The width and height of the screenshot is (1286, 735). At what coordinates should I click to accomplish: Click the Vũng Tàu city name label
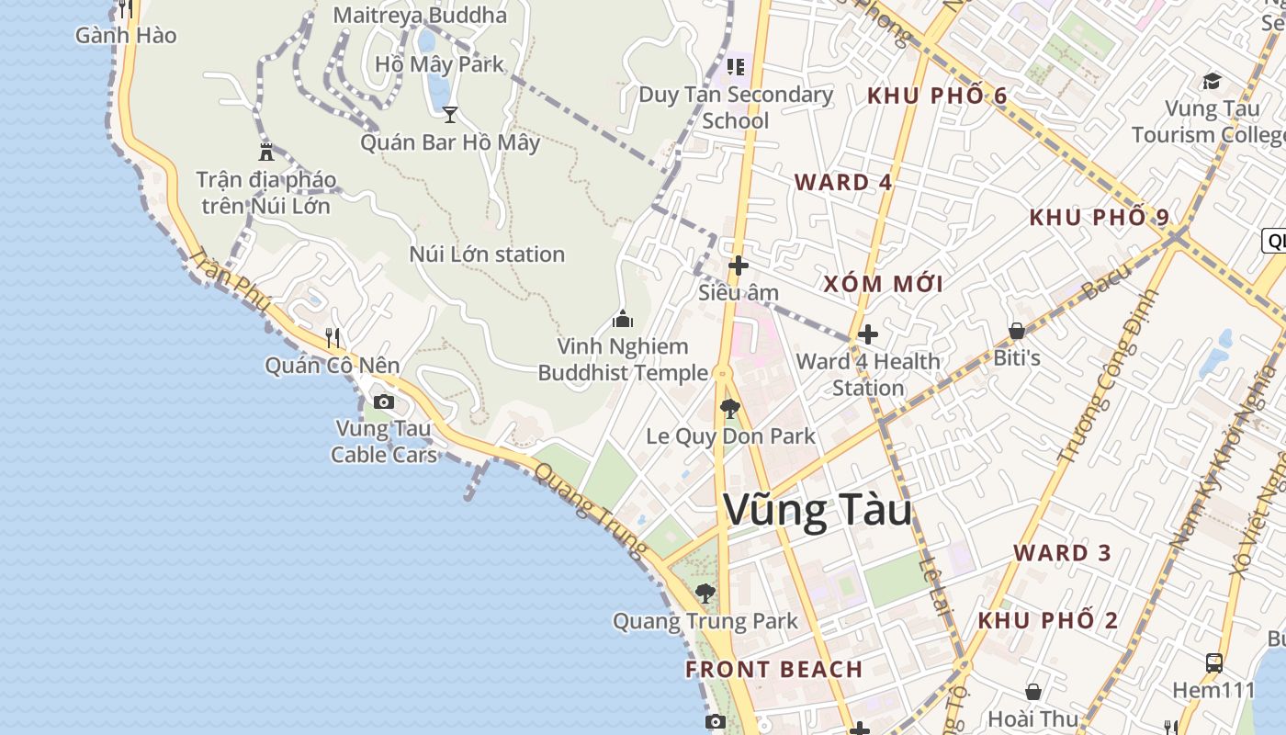[x=818, y=511]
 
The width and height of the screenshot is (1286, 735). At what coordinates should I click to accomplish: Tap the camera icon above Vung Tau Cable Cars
[x=384, y=401]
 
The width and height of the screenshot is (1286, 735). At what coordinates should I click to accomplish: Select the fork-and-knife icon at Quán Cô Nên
[x=333, y=338]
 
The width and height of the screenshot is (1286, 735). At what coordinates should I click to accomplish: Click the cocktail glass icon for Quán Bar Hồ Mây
[x=450, y=115]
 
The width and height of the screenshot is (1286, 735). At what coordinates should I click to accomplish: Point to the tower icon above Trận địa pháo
[x=266, y=152]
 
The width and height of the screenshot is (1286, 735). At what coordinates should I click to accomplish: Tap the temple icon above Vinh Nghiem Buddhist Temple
[x=623, y=320]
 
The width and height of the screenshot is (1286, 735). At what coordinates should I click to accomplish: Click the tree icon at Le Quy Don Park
[x=730, y=408]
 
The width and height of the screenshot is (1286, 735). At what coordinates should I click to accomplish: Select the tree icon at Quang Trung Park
[x=705, y=594]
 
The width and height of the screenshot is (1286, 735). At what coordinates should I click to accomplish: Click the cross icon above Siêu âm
[x=738, y=266]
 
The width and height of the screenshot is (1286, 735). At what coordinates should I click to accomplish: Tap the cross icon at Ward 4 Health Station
[x=867, y=334]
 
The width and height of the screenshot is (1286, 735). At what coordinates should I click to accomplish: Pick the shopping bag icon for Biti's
[x=1017, y=331]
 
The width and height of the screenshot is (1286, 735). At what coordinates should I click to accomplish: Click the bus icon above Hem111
[x=1213, y=662]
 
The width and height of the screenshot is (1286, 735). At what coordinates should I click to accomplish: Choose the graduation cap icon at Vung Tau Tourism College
[x=1212, y=82]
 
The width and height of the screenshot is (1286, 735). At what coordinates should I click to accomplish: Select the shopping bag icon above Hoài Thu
[x=1033, y=692]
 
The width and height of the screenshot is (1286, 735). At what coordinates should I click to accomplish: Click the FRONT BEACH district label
[x=774, y=669]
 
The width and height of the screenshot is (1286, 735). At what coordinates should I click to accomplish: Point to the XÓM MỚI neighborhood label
[x=883, y=284]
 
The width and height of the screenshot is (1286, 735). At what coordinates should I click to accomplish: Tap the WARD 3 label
[x=1063, y=553]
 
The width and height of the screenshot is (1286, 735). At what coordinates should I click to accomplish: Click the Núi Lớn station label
[x=487, y=254]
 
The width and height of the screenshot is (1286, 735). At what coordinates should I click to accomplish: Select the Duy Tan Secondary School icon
[x=736, y=66]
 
